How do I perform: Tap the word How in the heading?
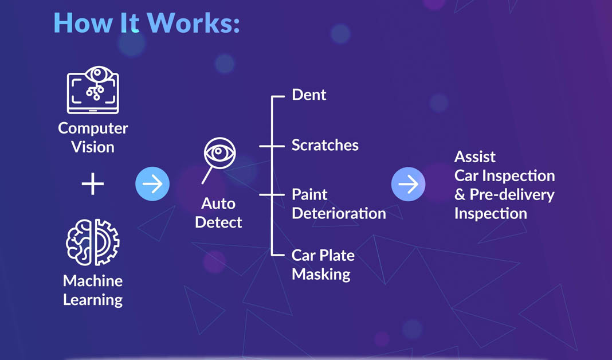(x=83, y=23)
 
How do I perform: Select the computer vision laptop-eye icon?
(x=93, y=90)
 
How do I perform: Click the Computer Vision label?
(x=93, y=138)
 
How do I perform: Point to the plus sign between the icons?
(x=93, y=184)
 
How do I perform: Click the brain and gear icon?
(x=93, y=242)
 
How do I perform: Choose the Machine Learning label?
(x=93, y=290)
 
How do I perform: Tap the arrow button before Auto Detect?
(x=152, y=184)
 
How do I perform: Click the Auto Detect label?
(x=218, y=213)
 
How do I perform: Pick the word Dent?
(x=309, y=95)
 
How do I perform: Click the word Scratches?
(x=325, y=145)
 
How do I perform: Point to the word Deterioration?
(x=339, y=214)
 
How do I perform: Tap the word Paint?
(x=309, y=194)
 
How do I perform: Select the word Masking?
(x=321, y=275)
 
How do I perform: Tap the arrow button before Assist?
(x=408, y=184)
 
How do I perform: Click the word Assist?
(x=475, y=157)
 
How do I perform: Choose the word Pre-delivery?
(x=512, y=194)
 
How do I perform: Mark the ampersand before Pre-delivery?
(x=460, y=195)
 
